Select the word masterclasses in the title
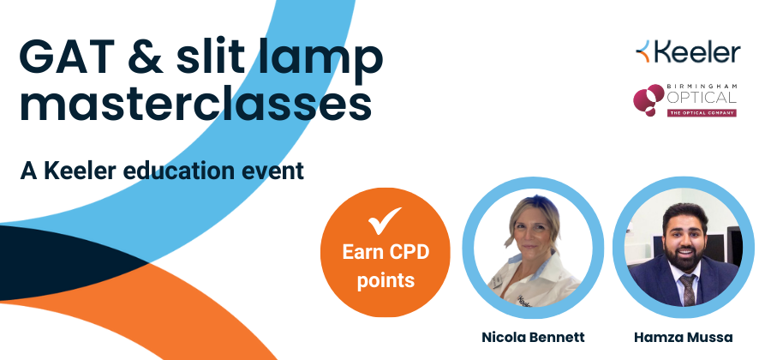[x=195, y=104]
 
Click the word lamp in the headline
[x=318, y=61]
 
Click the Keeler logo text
[x=696, y=52]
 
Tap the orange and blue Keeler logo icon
[x=642, y=51]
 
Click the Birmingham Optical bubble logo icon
[x=648, y=99]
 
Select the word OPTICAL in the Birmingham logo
[x=701, y=97]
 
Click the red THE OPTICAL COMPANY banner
[x=701, y=112]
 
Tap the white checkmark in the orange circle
[x=385, y=220]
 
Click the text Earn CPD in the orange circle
[x=385, y=252]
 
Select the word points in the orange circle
[x=385, y=280]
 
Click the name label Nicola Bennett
[x=533, y=338]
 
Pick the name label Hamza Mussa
[x=683, y=338]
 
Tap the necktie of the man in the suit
[x=688, y=289]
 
